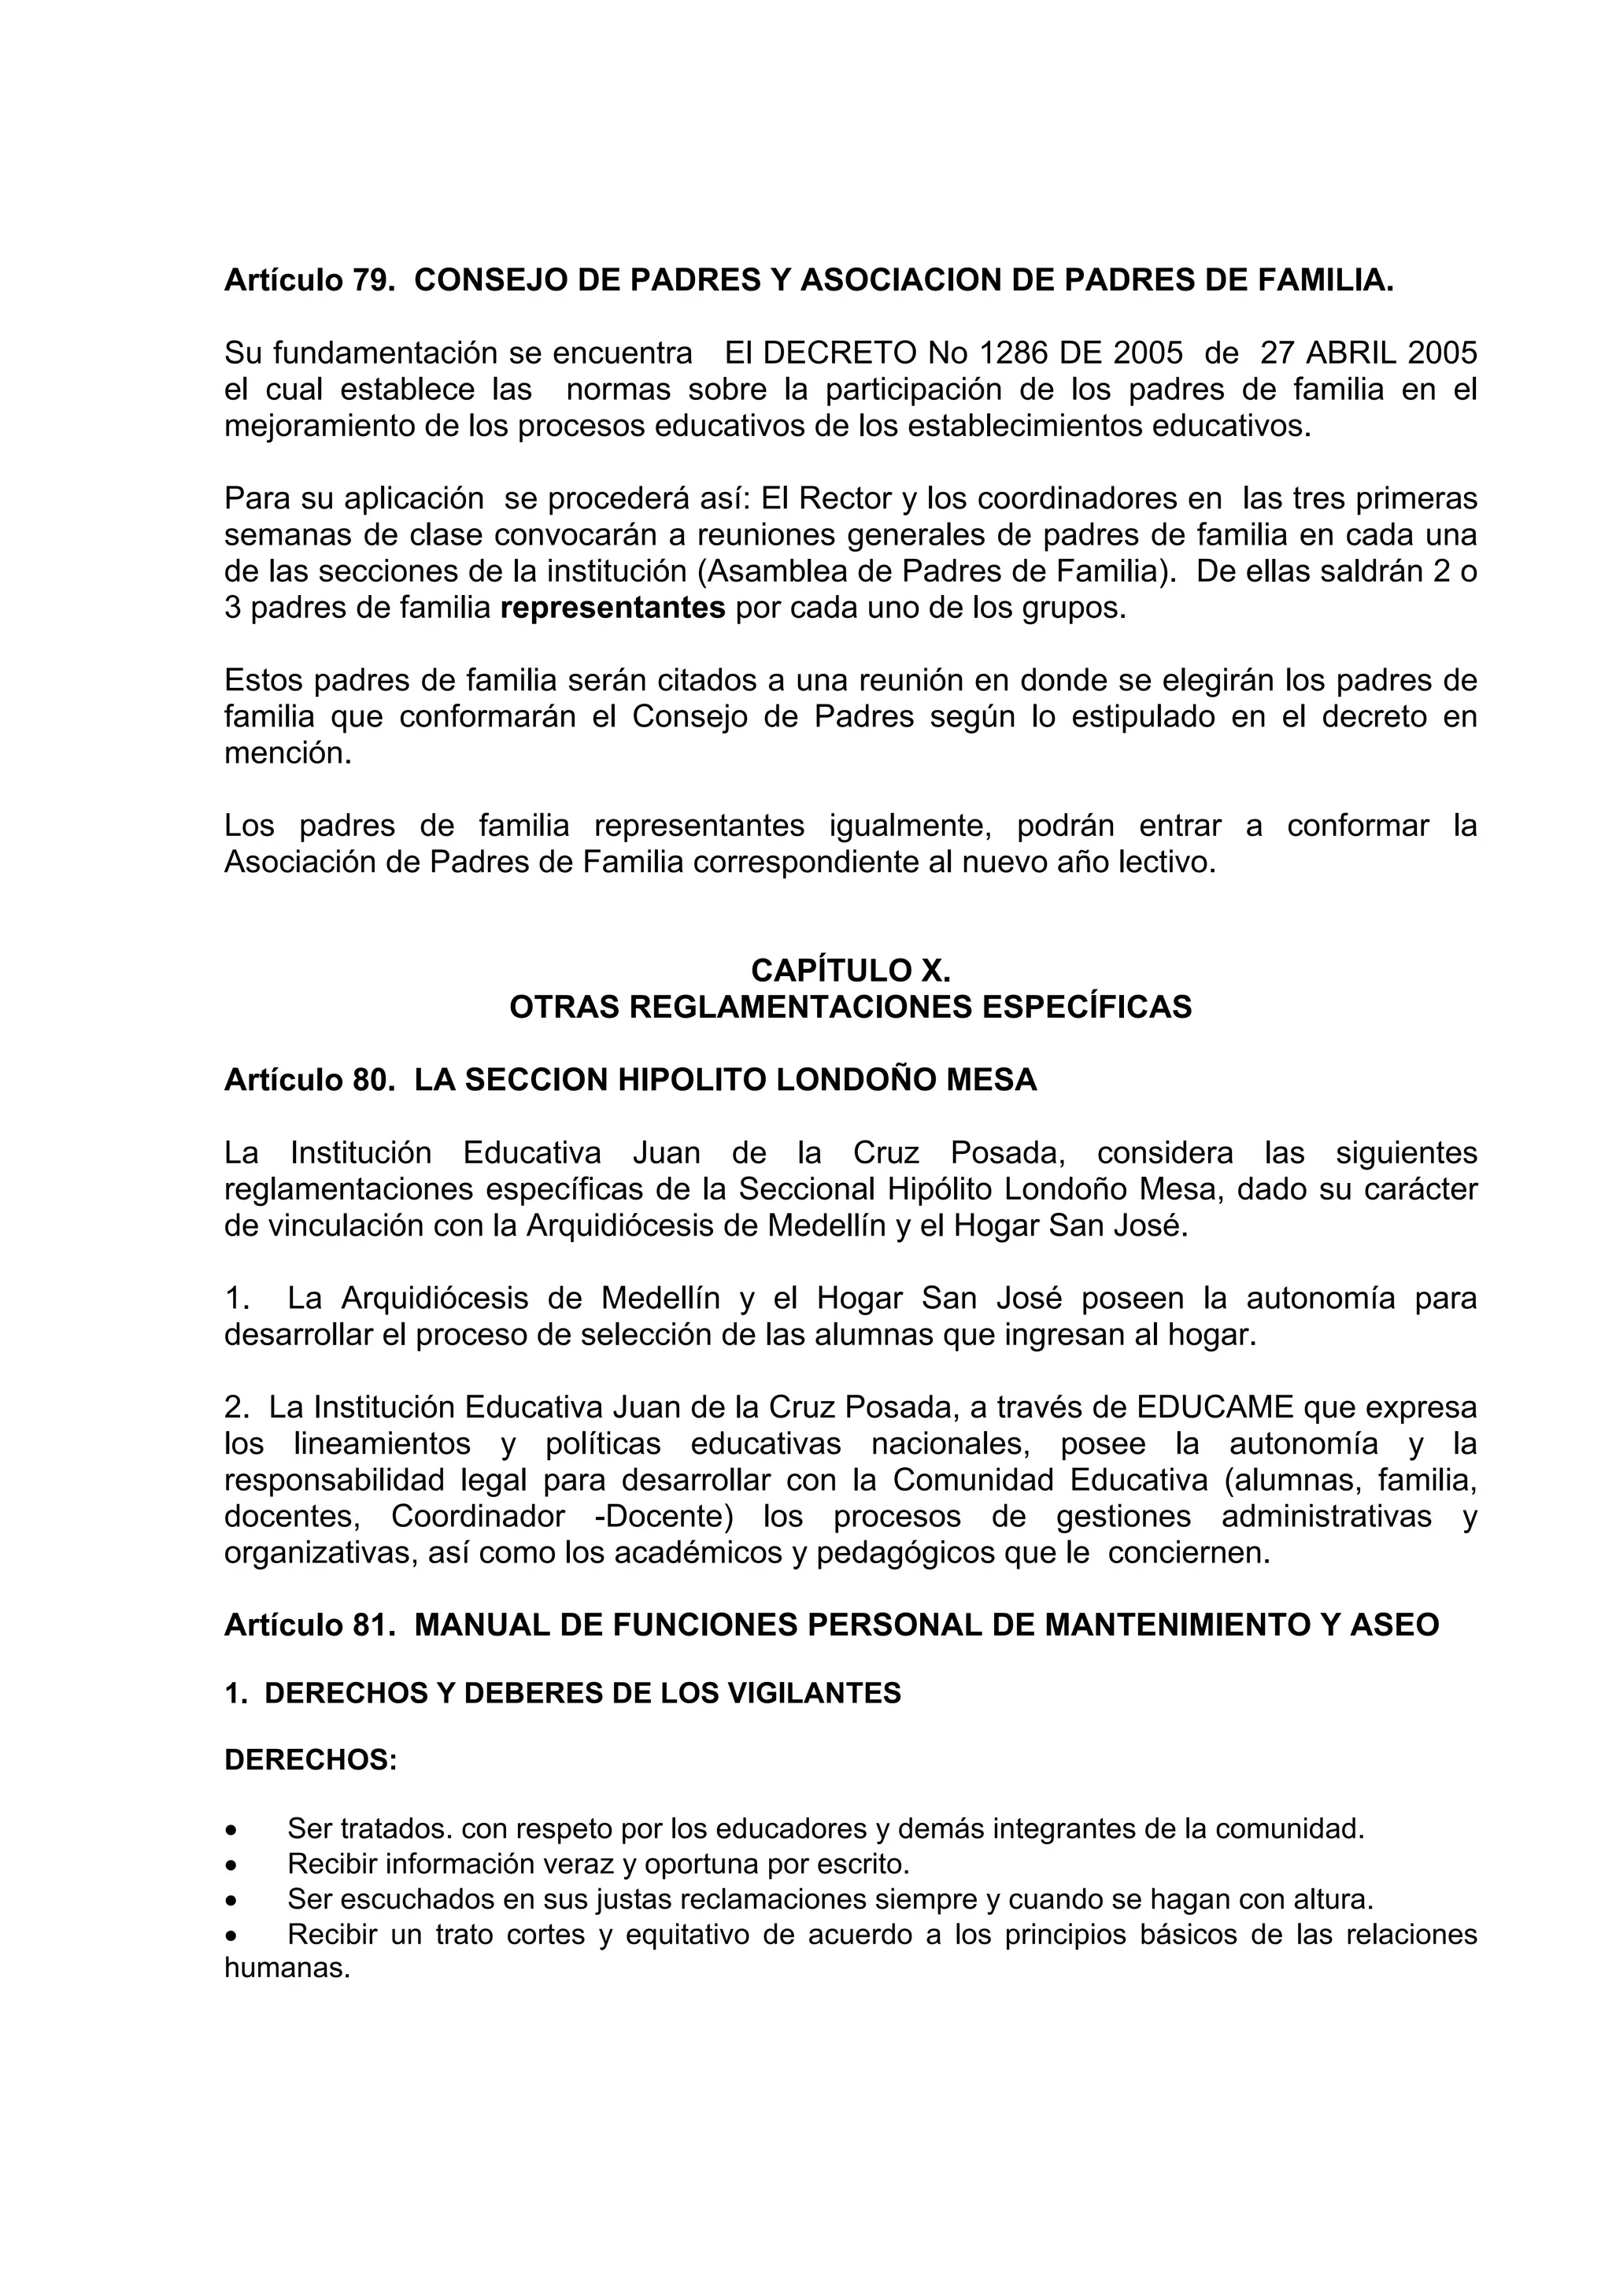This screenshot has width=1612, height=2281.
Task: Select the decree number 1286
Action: (x=1015, y=353)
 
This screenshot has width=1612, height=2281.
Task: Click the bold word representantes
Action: (x=613, y=607)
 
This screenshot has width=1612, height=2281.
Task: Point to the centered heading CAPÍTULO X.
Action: (x=850, y=970)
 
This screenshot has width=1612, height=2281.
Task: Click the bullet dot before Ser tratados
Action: (x=231, y=1829)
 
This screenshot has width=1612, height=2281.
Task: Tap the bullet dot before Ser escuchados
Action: (x=231, y=1901)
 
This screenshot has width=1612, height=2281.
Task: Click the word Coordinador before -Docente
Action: (x=478, y=1517)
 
